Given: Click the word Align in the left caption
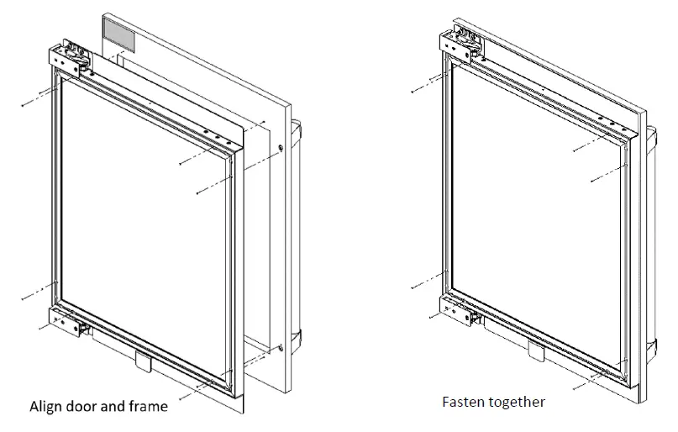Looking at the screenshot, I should pyautogui.click(x=47, y=407).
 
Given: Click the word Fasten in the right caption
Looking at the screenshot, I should pyautogui.click(x=464, y=402).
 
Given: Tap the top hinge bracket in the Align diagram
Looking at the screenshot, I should pyautogui.click(x=71, y=56).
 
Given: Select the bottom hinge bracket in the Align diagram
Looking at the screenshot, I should pyautogui.click(x=67, y=321).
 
